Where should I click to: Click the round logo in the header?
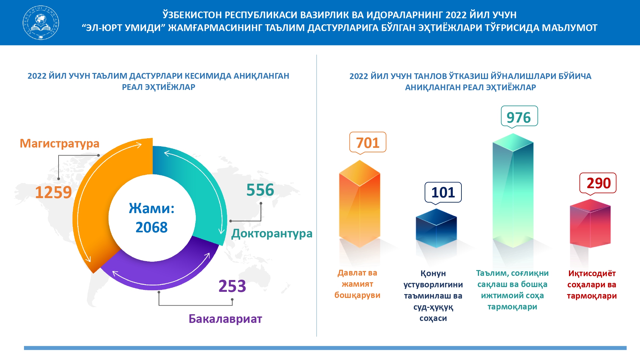[x=41, y=22]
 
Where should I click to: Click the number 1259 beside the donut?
[x=53, y=192]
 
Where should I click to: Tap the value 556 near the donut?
[x=260, y=190]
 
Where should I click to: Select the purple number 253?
[x=232, y=286]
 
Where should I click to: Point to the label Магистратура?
[x=60, y=143]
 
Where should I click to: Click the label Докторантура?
[x=272, y=234]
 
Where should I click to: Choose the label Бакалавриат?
[x=225, y=319]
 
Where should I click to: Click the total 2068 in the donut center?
[x=151, y=227]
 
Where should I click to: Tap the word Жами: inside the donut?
[x=152, y=208]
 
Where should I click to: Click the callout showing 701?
[x=368, y=142]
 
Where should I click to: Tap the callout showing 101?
[x=443, y=192]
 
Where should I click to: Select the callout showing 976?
[x=519, y=116]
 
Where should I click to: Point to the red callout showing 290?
[x=598, y=183]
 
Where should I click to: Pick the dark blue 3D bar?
[x=436, y=228]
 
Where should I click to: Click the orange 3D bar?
[x=360, y=204]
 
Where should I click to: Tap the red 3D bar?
[x=590, y=223]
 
